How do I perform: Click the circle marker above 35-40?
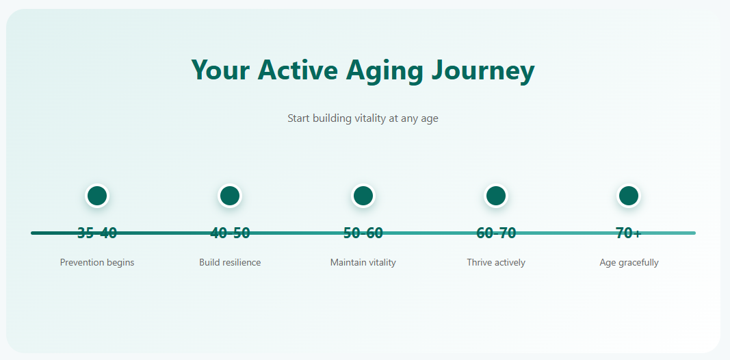[x=97, y=196]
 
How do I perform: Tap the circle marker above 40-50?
[x=229, y=196]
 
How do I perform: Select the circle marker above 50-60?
[x=363, y=196]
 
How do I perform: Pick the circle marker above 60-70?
[x=496, y=196]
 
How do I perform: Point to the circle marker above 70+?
[x=629, y=196]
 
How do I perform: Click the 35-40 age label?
[x=97, y=233]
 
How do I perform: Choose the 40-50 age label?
[x=230, y=233]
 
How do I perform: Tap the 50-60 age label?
[x=363, y=233]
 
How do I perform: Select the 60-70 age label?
[x=496, y=233]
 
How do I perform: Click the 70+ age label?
[x=629, y=233]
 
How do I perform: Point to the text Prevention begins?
[x=97, y=263]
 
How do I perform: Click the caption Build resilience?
[x=230, y=263]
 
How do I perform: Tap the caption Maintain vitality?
[x=363, y=263]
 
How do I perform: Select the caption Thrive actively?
[x=496, y=263]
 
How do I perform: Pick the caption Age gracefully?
[x=629, y=263]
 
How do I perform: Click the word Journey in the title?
[x=483, y=70]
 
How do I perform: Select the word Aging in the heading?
[x=384, y=70]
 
